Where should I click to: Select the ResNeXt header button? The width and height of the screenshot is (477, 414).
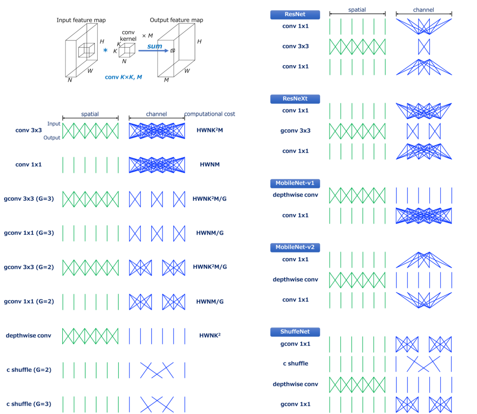295,99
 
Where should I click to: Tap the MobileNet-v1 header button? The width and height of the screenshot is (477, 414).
295,183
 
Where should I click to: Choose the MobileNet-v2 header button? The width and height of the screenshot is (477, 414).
295,247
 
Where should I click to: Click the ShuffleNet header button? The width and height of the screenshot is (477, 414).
295,331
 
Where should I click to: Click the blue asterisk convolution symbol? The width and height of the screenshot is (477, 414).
105,50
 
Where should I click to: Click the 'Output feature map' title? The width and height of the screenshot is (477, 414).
176,20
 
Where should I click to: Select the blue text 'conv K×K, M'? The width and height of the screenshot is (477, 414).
123,77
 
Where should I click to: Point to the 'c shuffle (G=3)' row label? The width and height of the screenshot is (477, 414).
29,404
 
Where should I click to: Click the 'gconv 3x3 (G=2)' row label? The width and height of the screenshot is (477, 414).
29,267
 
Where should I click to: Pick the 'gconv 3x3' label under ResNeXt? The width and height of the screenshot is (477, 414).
295,131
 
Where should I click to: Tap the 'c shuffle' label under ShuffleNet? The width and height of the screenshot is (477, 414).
295,364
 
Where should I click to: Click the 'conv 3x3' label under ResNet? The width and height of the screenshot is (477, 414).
295,46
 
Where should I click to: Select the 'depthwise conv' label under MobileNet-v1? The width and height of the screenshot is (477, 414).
295,195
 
